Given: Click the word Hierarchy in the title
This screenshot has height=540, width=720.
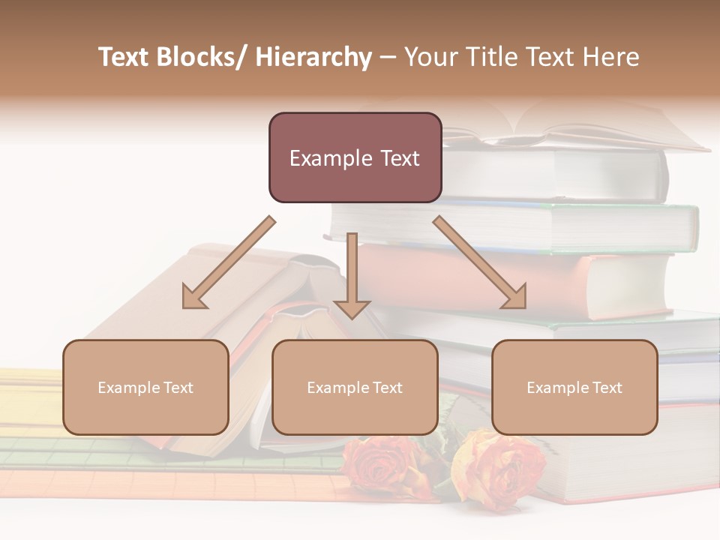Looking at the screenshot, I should coord(313,57).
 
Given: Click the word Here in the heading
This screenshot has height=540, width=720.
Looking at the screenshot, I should coord(612,57).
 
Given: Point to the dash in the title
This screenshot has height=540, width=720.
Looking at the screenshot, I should coord(388,57).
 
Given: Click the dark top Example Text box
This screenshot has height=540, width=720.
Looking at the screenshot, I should coord(355,157).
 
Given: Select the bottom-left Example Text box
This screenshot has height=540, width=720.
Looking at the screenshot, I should coord(145,387).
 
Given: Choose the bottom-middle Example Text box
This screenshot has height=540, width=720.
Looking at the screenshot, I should coord(355,387).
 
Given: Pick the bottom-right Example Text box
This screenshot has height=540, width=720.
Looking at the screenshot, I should coord(574,387).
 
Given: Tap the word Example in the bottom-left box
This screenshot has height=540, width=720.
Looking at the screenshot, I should coord(129,388).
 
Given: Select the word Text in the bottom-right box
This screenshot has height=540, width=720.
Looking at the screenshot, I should coord(607,388).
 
